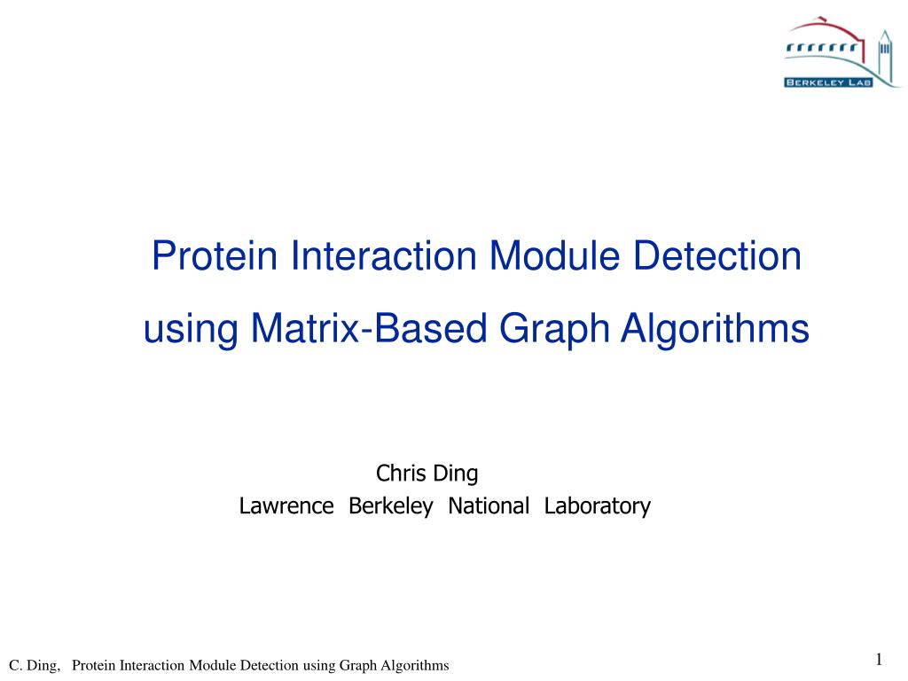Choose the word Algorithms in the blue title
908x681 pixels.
point(715,329)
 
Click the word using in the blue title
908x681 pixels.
point(191,329)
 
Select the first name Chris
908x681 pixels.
point(402,474)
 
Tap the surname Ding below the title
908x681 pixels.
point(455,474)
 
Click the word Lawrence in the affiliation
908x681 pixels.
point(286,506)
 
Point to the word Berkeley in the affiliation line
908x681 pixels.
point(390,506)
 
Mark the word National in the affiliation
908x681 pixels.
point(489,506)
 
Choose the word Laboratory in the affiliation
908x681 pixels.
point(598,506)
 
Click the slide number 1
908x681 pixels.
point(879,658)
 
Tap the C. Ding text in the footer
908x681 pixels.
point(35,665)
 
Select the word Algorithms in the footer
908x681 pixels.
point(418,665)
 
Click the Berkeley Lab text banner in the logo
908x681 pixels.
point(828,82)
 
